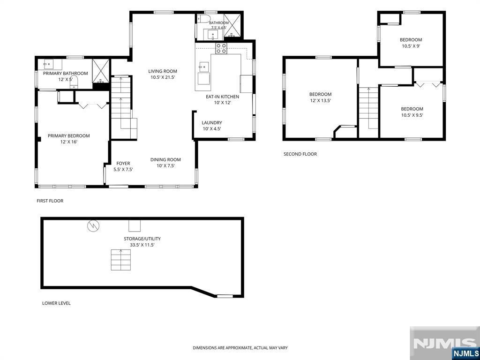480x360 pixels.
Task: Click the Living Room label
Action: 164,71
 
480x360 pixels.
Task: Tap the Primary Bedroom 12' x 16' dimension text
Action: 68,142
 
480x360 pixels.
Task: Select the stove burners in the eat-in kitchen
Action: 221,48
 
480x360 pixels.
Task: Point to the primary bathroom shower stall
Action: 101,71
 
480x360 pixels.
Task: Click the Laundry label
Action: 212,123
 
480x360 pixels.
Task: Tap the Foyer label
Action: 123,164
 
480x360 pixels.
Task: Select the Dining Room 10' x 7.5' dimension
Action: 165,165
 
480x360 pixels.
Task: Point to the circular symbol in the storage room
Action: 93,225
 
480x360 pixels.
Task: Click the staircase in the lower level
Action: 120,260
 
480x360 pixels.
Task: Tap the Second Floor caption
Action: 300,154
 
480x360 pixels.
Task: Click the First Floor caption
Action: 50,201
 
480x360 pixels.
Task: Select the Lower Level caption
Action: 56,303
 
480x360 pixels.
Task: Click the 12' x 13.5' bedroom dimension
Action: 320,100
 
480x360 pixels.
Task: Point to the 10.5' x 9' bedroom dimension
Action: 411,46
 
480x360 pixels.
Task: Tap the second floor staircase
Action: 368,108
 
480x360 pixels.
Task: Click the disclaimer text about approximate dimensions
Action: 240,348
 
